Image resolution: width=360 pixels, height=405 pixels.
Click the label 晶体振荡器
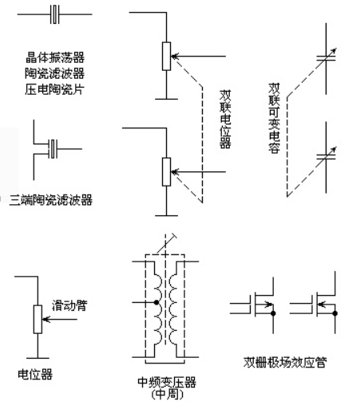coord(55,57)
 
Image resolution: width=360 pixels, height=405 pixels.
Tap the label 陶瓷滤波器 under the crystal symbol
coord(55,73)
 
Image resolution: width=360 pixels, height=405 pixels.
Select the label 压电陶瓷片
coord(55,89)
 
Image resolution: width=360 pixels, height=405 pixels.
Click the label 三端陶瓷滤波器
coord(51,200)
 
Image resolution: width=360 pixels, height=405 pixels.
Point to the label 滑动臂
coord(69,305)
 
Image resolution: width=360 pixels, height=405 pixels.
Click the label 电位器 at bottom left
coord(35,374)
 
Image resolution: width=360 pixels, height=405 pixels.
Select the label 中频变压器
coord(167,382)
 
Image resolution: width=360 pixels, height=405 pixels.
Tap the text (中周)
coord(168,395)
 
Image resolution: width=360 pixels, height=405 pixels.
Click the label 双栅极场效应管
coord(285,362)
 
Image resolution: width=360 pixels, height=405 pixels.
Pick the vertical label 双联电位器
coord(225,119)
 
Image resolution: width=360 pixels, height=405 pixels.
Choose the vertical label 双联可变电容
coord(274,118)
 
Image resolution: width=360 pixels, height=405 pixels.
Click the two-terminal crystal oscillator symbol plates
coord(54,14)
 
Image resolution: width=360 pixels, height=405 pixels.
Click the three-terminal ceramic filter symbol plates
coord(53,149)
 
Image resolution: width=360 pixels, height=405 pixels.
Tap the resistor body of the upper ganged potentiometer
coord(166,56)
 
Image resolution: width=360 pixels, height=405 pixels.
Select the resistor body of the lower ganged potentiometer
coord(166,171)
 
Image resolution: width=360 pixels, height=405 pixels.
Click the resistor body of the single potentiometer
coord(38,319)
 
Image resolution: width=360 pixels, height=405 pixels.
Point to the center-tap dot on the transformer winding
coord(156,302)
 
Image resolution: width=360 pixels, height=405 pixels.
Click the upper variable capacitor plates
coord(326,58)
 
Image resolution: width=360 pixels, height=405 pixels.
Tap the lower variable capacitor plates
coord(326,157)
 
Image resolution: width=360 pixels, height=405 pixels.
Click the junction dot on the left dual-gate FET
coord(273,313)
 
